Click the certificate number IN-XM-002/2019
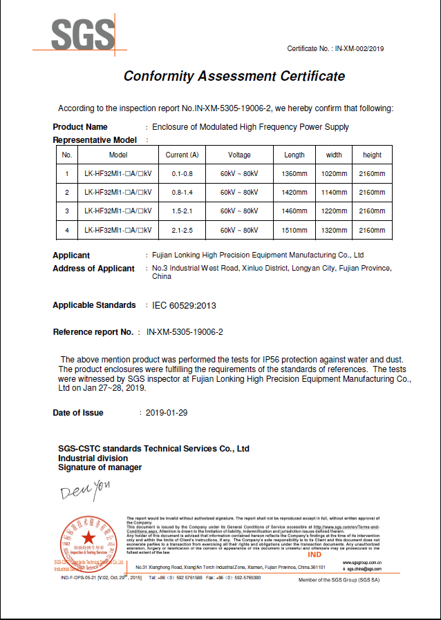(x=359, y=48)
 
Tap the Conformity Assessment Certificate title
(x=234, y=76)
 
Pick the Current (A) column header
(x=182, y=155)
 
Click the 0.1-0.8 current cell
(x=182, y=173)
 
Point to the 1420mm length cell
(x=294, y=192)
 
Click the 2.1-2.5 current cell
(x=182, y=230)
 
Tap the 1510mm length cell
(x=294, y=230)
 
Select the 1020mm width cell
(x=334, y=173)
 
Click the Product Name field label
(x=80, y=127)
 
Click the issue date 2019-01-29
(x=167, y=413)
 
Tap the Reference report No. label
(x=93, y=332)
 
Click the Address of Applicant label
(x=93, y=269)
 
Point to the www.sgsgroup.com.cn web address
(x=362, y=563)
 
